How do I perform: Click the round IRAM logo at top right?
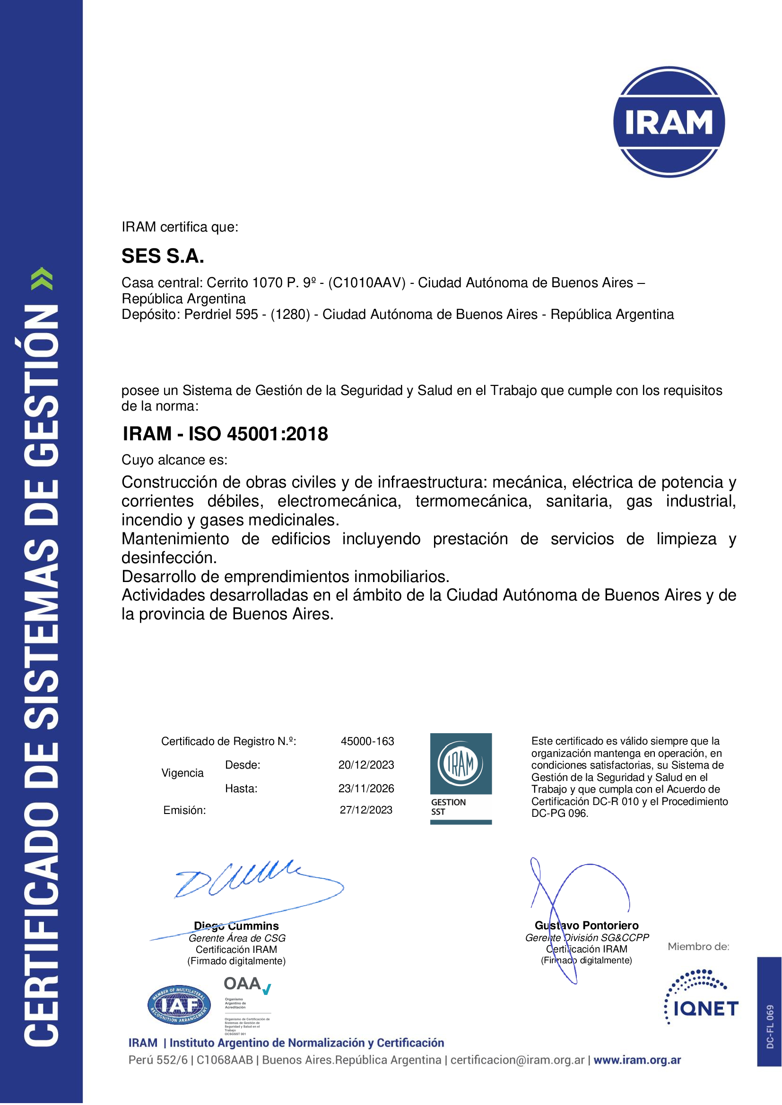669,122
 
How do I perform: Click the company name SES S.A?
163,256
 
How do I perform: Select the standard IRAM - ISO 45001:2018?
226,434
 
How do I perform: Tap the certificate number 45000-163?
367,741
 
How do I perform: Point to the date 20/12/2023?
366,765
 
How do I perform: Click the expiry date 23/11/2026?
366,788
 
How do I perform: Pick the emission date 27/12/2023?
366,810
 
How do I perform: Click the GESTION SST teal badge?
461,778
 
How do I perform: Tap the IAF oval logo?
179,1004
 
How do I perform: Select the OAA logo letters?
243,984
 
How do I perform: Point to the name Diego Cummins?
236,926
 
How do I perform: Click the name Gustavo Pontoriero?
586,925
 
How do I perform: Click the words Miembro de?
698,947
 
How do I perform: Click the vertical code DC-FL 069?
770,1026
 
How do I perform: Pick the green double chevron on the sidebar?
42,279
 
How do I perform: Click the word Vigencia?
182,773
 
